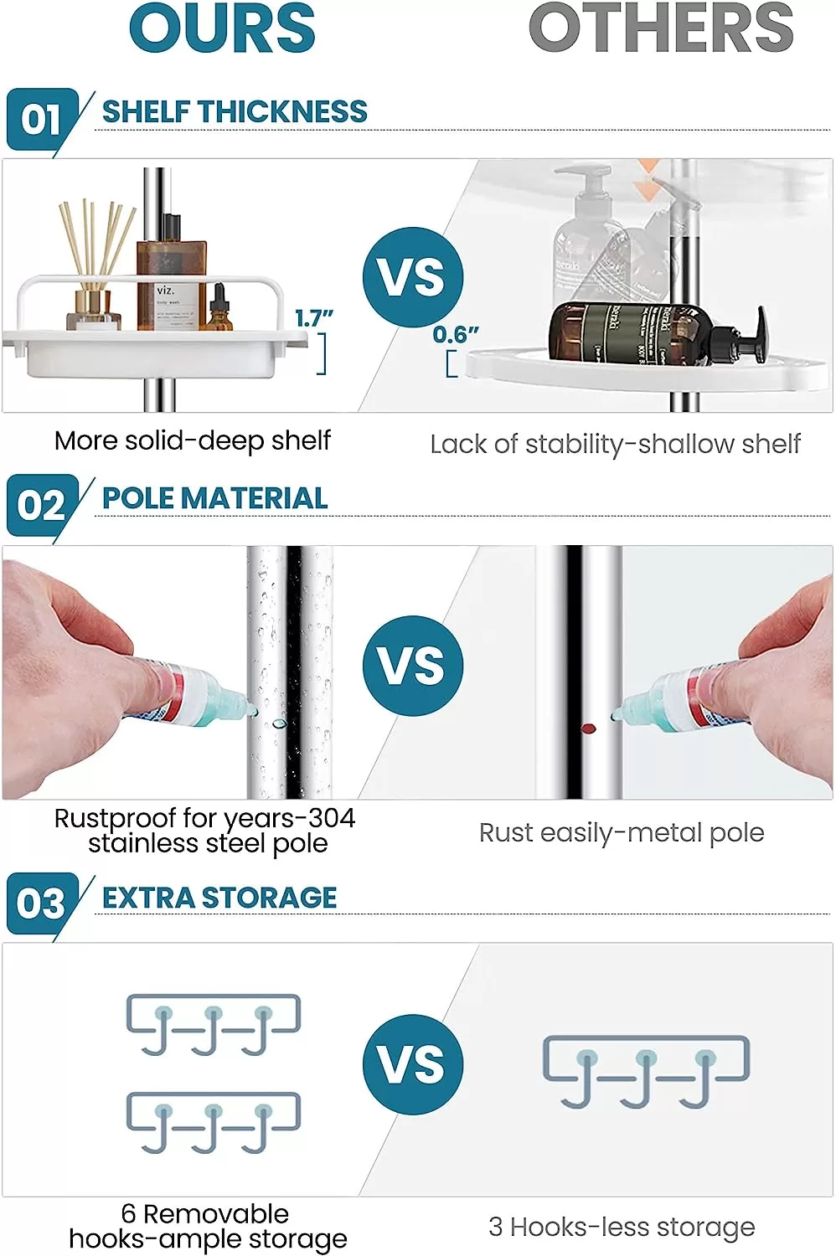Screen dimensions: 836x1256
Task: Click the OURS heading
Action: point(222,28)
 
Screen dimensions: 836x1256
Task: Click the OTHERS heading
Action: point(661,28)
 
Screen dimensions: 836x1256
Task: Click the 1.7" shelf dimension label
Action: point(313,319)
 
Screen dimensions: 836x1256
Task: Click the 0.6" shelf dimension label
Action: point(456,335)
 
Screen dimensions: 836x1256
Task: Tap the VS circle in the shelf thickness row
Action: point(412,277)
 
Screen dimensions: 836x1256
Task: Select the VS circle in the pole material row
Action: point(412,666)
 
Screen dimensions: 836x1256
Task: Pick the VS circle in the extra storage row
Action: point(412,1065)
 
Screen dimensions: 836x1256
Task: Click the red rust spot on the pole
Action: point(588,729)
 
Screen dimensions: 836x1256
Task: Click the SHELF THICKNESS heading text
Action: point(235,111)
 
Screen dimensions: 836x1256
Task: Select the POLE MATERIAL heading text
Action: point(215,498)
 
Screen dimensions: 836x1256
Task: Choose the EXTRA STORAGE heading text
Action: point(219,897)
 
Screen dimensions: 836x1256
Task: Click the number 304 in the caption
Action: point(333,818)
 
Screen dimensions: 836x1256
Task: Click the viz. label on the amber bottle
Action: point(166,291)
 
